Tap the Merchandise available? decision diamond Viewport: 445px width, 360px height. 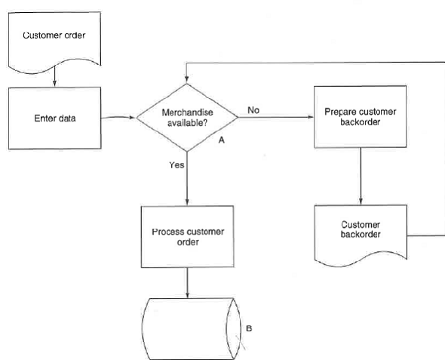(x=186, y=117)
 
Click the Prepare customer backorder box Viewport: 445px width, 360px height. (x=360, y=117)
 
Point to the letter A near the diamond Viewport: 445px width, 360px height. (x=222, y=140)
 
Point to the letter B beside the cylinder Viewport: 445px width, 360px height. (x=250, y=329)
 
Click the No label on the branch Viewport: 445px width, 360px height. (x=253, y=110)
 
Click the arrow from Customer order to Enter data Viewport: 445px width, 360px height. (x=54, y=76)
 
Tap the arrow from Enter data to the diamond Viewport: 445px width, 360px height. (x=119, y=118)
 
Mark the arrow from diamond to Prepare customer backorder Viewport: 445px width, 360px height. (x=275, y=117)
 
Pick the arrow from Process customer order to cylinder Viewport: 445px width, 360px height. (x=187, y=282)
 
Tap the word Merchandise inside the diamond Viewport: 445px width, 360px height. (x=186, y=112)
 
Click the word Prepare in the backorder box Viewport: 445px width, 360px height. (x=340, y=112)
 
